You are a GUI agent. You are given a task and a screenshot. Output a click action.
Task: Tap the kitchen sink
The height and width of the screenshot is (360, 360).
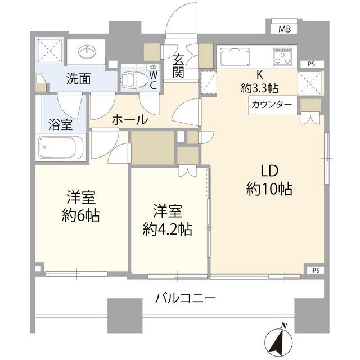click(x=237, y=57)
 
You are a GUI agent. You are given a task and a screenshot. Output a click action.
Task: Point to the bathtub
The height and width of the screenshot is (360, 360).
click(x=61, y=148)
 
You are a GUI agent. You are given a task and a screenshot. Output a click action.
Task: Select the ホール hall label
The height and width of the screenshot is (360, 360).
click(x=130, y=119)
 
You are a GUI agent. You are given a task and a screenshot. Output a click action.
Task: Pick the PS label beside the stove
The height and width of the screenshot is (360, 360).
click(x=311, y=64)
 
